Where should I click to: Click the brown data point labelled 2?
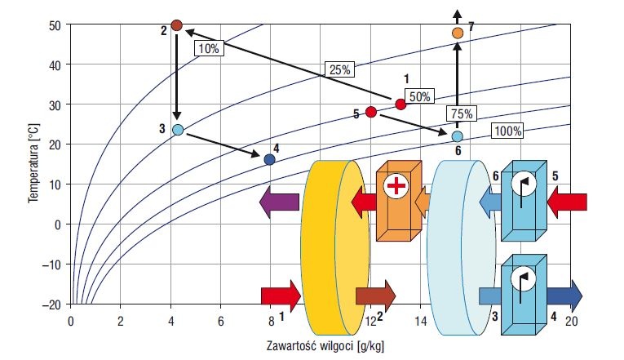coord(176,26)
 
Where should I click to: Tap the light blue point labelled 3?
coord(178,130)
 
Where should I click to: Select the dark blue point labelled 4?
coord(269,160)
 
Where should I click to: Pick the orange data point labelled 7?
coord(458,33)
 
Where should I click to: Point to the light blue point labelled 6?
coord(458,136)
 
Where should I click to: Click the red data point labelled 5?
coord(371,112)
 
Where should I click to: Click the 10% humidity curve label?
coord(209,48)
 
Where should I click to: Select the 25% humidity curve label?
coord(340,69)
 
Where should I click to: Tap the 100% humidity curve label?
coord(507,131)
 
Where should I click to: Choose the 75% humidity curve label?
coord(462,114)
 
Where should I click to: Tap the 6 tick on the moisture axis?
coord(221,321)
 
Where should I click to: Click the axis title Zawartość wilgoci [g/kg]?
coord(325,345)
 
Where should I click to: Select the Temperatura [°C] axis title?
coord(33,163)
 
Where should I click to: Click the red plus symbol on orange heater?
coord(396,185)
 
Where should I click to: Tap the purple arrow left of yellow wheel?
coord(279,202)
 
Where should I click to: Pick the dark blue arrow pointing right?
coord(564,296)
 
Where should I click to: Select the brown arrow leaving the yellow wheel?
coord(376,296)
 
